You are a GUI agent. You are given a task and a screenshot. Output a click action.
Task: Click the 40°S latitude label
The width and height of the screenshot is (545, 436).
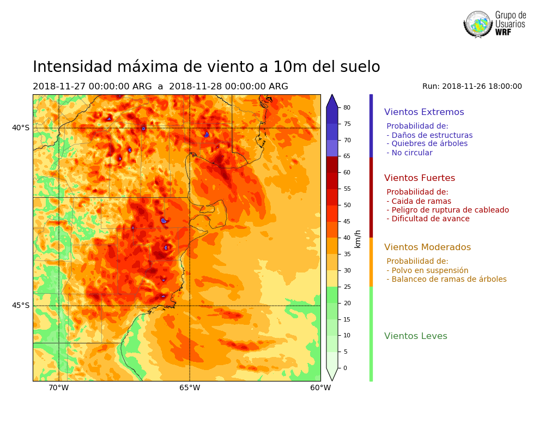21,128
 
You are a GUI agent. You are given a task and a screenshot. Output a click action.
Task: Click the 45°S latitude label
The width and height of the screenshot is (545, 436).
21,305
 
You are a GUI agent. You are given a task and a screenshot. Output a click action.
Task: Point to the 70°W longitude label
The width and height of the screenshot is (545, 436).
59,388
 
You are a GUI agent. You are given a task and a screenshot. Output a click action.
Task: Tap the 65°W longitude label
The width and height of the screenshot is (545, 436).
190,388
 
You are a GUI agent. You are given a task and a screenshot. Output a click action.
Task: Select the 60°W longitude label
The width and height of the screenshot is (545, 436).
320,388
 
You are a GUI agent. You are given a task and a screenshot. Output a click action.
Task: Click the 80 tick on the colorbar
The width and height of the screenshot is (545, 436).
347,107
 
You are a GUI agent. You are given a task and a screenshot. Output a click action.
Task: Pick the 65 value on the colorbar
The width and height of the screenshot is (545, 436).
347,156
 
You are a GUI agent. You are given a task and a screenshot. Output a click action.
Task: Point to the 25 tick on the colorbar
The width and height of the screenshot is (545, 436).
347,287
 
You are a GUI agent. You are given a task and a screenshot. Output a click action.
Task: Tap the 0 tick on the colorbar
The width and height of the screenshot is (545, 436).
345,368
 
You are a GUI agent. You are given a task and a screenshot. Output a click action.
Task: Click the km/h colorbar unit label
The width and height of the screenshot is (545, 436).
358,239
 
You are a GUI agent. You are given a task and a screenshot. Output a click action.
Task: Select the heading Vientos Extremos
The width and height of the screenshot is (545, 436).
424,112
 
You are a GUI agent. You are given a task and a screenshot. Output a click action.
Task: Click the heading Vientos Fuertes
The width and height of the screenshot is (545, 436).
419,178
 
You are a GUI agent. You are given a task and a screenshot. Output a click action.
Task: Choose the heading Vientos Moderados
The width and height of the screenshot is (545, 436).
427,247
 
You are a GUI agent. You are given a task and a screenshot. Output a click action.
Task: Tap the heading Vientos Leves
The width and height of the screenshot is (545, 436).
415,336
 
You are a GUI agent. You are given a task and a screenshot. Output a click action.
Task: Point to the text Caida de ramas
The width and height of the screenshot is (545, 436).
419,201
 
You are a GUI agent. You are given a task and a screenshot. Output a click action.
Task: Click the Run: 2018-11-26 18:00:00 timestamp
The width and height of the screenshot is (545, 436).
472,86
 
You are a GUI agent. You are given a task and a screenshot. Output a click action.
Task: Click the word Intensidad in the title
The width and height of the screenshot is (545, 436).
74,67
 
